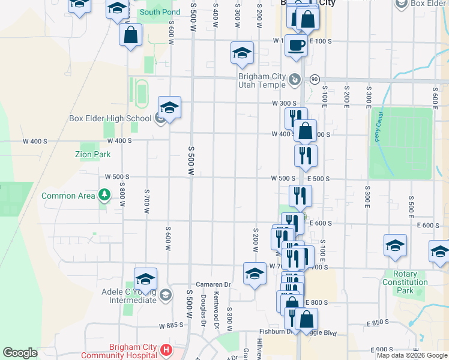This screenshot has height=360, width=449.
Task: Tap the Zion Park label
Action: pyautogui.click(x=92, y=154)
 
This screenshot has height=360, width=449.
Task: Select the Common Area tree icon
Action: pyautogui.click(x=105, y=194)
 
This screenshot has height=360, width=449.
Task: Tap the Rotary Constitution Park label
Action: pyautogui.click(x=408, y=282)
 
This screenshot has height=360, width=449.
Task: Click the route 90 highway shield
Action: pyautogui.click(x=314, y=80)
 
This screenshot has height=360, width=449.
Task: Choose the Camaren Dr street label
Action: pyautogui.click(x=213, y=284)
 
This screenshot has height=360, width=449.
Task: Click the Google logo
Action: pyautogui.click(x=20, y=352)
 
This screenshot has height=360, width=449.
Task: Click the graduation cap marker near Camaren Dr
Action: pyautogui.click(x=255, y=274)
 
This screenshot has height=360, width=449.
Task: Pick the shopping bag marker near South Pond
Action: pyautogui.click(x=131, y=35)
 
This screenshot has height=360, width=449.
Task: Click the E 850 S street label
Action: pyautogui.click(x=378, y=323)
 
